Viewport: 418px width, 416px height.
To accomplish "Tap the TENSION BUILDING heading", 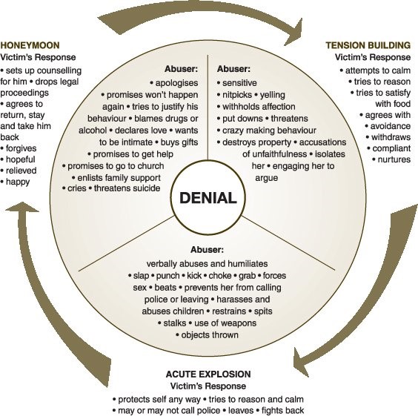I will click(x=368, y=45).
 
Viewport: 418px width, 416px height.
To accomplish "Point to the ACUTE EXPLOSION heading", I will click(x=208, y=374).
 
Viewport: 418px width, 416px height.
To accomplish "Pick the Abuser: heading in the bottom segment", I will click(x=208, y=250).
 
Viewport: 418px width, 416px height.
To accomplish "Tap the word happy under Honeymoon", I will click(x=23, y=182).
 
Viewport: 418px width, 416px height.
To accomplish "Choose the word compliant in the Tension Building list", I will click(x=388, y=148).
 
